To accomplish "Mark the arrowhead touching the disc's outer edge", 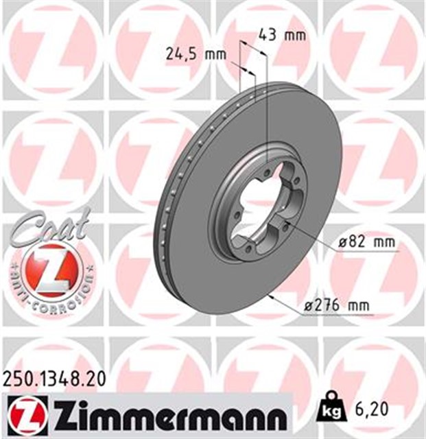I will [x=274, y=297].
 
